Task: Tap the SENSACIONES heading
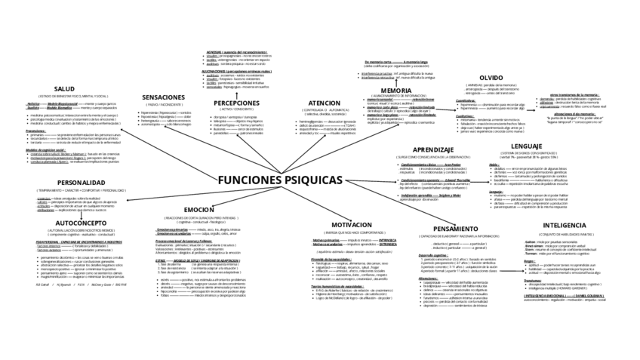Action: click(164, 97)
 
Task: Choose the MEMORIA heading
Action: click(396, 90)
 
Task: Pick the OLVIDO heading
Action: click(491, 78)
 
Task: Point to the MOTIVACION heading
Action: click(352, 225)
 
